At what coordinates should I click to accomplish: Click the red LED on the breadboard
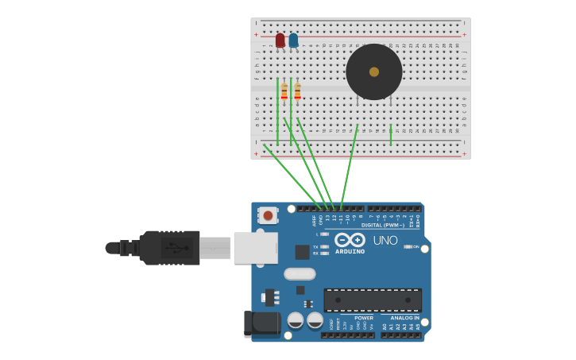click(x=280, y=40)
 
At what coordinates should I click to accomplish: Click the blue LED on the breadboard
click(x=293, y=40)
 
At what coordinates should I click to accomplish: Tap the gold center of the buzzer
click(x=374, y=72)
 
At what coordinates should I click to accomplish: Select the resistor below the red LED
click(x=284, y=91)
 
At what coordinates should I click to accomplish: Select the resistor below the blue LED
click(x=297, y=91)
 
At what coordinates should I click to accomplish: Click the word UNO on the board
click(x=385, y=240)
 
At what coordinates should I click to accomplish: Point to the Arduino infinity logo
click(x=350, y=239)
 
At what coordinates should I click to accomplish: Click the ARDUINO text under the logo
click(x=350, y=252)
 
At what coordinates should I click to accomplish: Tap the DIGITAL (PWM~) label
click(x=383, y=225)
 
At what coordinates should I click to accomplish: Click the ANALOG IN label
click(x=404, y=318)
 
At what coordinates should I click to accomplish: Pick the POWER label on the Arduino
click(x=364, y=318)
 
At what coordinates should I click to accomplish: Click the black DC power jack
click(x=262, y=323)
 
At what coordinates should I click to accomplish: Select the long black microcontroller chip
click(x=373, y=300)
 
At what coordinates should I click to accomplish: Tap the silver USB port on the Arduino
click(x=255, y=248)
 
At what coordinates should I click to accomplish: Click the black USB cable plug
click(x=169, y=248)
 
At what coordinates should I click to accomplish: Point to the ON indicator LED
click(x=408, y=246)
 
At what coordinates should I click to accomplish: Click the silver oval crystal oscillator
click(x=300, y=274)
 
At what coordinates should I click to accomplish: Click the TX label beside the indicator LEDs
click(x=315, y=246)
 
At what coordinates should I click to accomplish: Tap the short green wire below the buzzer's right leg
click(x=390, y=135)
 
